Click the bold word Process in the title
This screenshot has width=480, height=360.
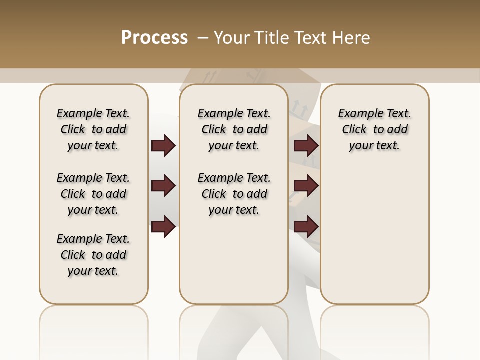point(154,38)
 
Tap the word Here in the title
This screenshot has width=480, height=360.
point(352,38)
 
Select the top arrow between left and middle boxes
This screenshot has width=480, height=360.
point(163,146)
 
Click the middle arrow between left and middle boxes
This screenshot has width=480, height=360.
point(163,186)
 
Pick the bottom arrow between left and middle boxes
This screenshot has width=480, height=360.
point(163,227)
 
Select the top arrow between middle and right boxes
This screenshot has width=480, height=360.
point(306,146)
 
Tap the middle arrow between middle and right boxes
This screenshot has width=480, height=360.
point(306,186)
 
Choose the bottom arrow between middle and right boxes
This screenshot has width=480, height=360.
point(306,227)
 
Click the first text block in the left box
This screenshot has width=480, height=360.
point(93,129)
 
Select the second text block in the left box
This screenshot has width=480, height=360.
point(93,194)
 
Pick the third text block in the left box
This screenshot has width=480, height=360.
point(93,255)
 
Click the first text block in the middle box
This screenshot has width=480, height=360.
point(234,129)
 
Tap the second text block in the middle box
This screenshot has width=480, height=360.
point(234,194)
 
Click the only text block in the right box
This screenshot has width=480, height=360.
point(374,129)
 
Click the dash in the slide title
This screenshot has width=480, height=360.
point(203,38)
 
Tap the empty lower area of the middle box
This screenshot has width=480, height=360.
point(234,260)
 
